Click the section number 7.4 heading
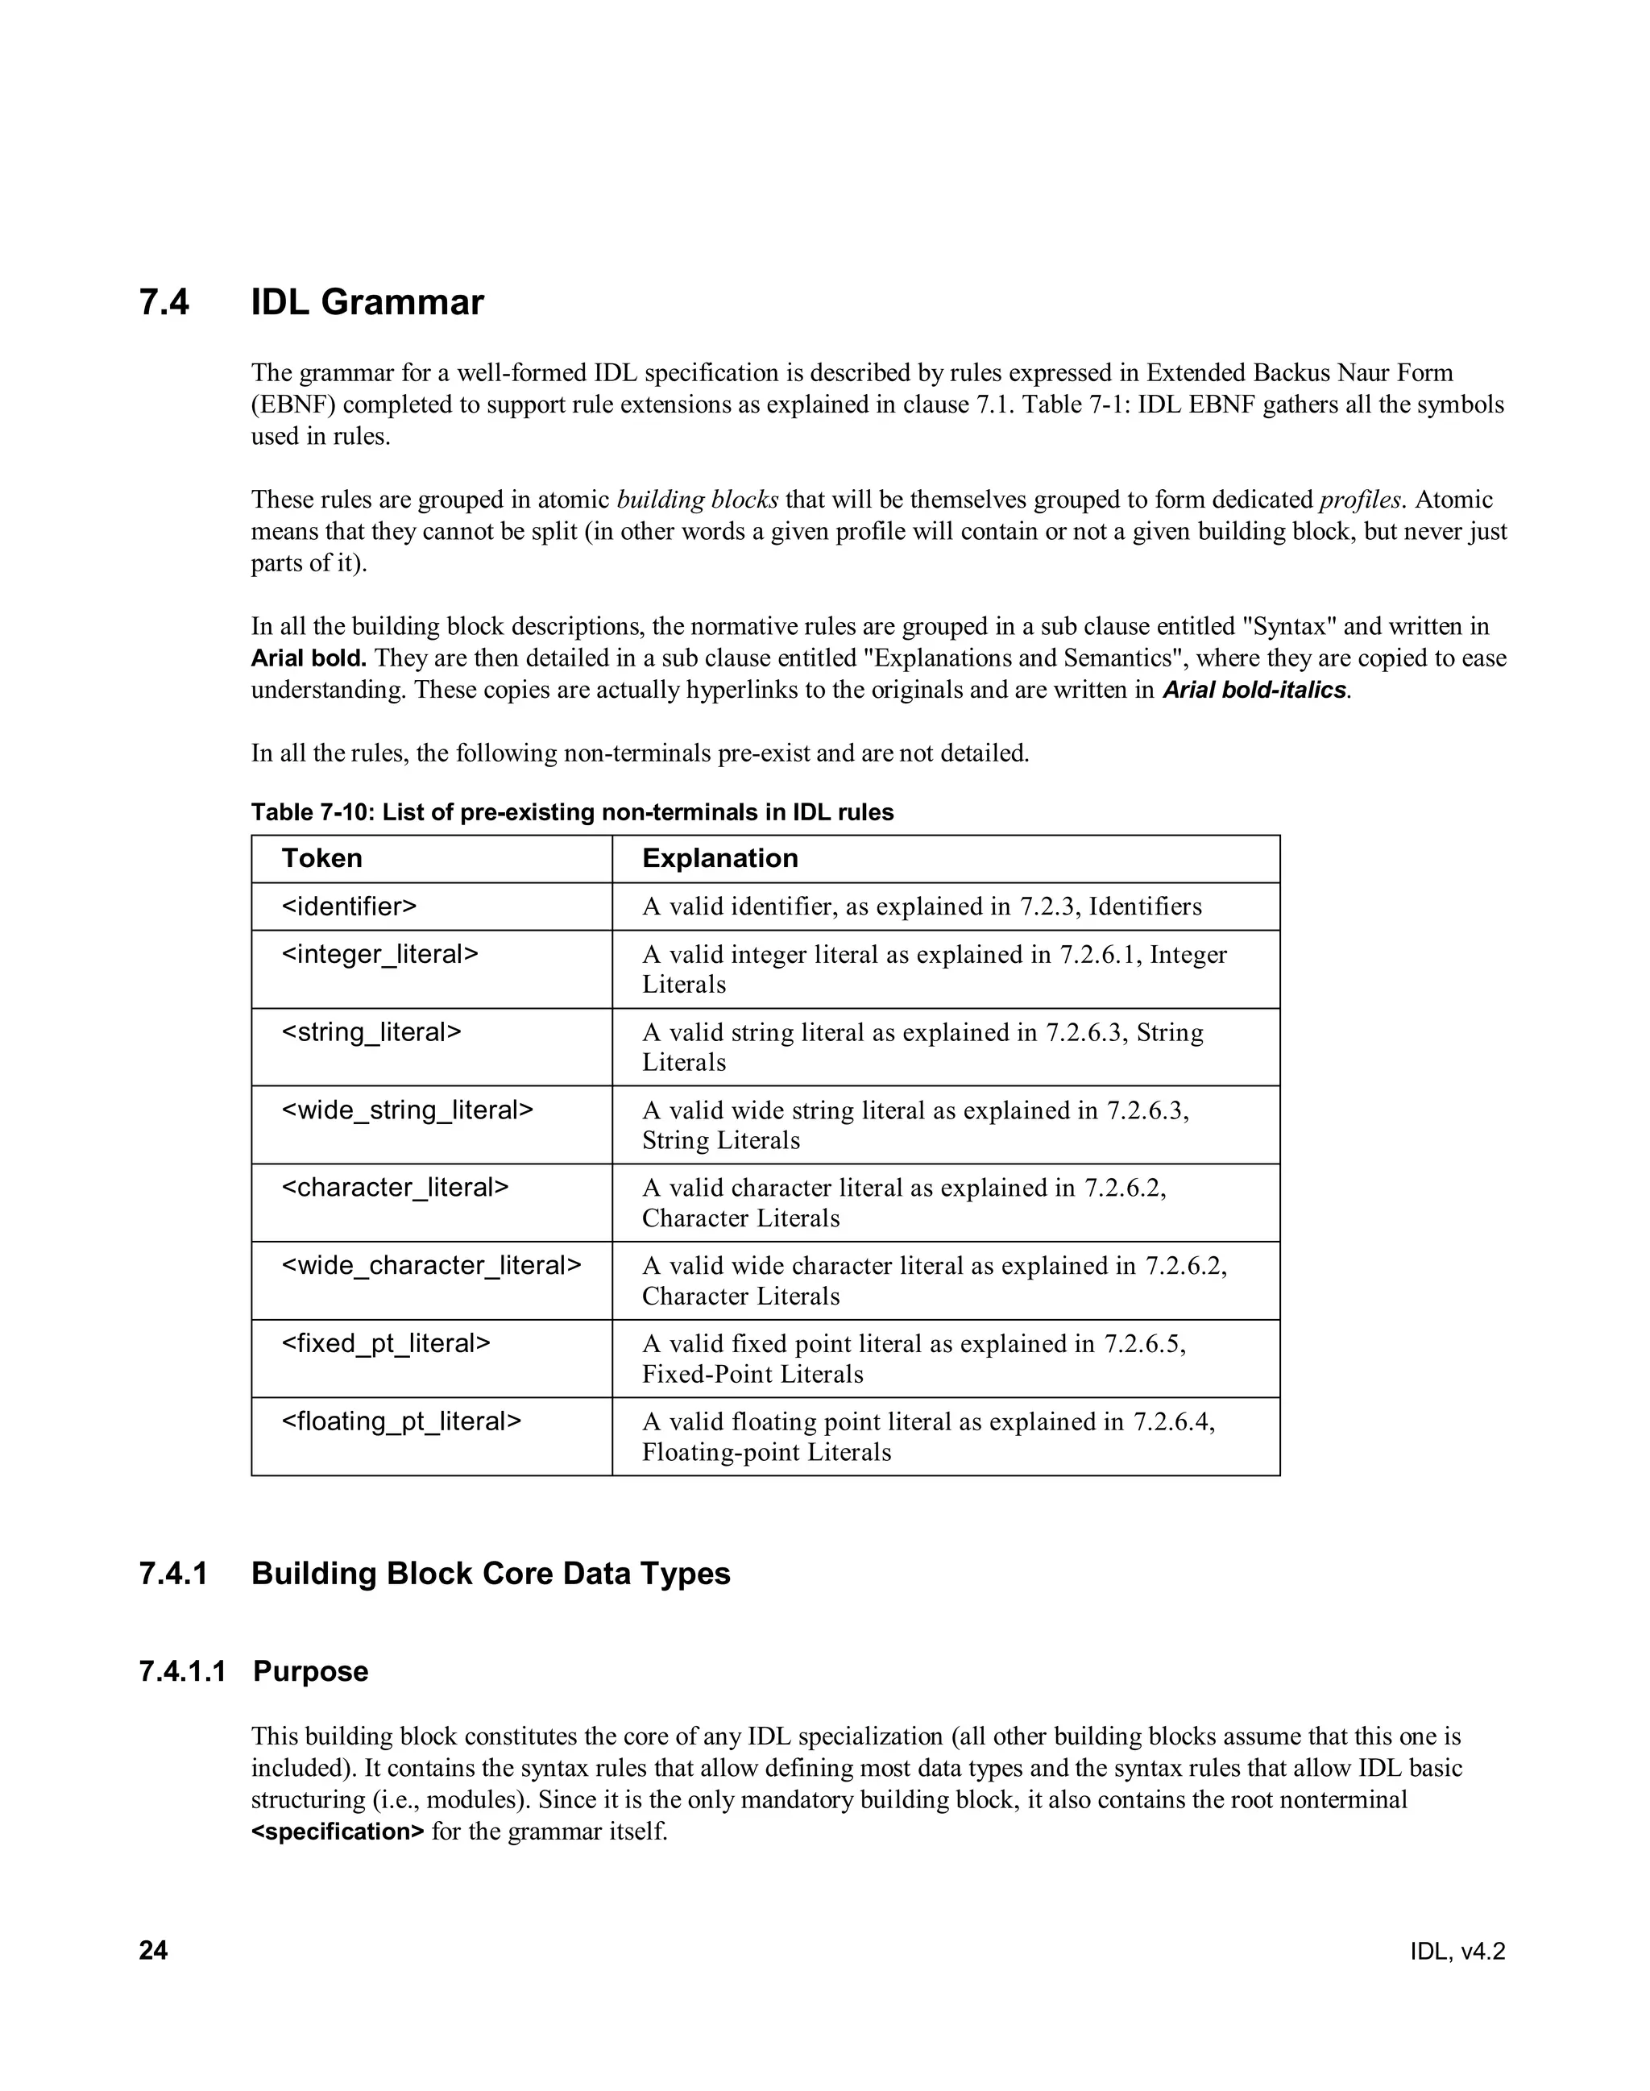(x=164, y=302)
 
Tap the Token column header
(x=321, y=858)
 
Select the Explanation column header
(x=719, y=858)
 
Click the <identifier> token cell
(x=349, y=907)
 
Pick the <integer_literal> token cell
(x=379, y=955)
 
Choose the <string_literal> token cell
(x=371, y=1032)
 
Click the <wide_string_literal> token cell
(x=407, y=1110)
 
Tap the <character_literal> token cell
(x=394, y=1188)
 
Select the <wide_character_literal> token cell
(x=431, y=1266)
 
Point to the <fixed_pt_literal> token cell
(x=385, y=1343)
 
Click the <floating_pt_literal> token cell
(x=401, y=1421)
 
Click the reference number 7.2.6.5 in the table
(x=1142, y=1344)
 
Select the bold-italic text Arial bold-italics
(x=1253, y=690)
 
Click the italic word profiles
(x=1359, y=500)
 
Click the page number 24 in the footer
(x=154, y=1951)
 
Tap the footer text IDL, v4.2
(x=1457, y=1952)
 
